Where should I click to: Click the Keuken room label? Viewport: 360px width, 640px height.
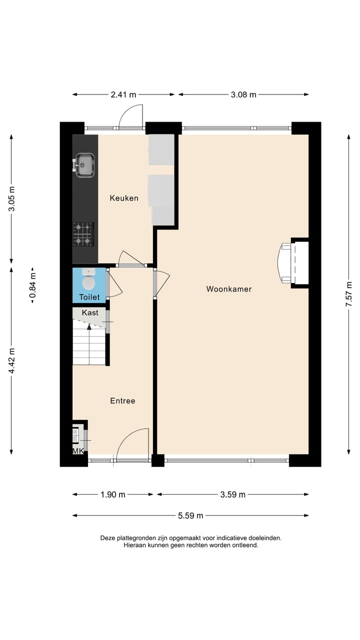click(124, 198)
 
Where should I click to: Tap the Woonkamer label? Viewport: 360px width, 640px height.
click(229, 289)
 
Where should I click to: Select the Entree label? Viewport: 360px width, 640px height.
click(122, 401)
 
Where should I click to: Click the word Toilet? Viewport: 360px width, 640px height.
click(89, 297)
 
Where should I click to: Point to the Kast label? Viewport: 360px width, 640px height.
click(90, 312)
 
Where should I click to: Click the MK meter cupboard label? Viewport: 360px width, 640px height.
click(78, 451)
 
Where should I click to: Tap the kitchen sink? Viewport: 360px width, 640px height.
click(84, 165)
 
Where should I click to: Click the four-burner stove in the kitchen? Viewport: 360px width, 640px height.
click(83, 234)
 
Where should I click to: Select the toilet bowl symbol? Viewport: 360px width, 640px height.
click(88, 279)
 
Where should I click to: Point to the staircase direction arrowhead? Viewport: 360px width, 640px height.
click(89, 327)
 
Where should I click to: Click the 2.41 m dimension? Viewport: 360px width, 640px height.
click(123, 94)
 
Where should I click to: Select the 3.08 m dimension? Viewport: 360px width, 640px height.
click(243, 94)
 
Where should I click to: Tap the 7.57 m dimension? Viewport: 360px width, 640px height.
click(349, 294)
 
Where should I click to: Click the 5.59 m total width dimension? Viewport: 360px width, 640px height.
click(190, 515)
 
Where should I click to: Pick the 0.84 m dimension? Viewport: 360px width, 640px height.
click(32, 285)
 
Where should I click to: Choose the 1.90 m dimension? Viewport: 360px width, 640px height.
click(113, 494)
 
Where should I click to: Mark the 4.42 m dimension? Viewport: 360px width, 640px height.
click(11, 360)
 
